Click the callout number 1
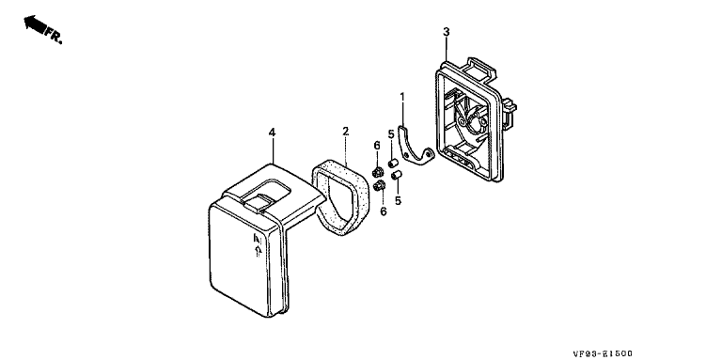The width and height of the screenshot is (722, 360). click(x=402, y=97)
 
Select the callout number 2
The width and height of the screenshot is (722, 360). click(x=346, y=132)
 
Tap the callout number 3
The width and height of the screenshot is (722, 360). click(x=447, y=32)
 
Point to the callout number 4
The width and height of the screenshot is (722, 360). click(x=272, y=133)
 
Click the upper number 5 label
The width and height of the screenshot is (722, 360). click(x=391, y=134)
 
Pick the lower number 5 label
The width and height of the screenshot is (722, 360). click(x=398, y=201)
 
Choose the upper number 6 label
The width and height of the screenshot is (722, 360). click(x=377, y=146)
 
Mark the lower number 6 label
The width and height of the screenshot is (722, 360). click(x=384, y=211)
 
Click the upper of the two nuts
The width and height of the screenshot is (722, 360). click(x=378, y=173)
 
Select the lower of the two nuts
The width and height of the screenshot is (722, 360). click(x=381, y=186)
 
